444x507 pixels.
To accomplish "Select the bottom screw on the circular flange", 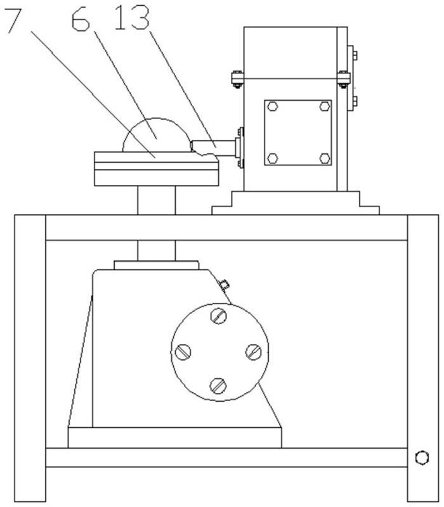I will (x=219, y=384).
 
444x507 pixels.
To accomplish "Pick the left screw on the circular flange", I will (x=183, y=350).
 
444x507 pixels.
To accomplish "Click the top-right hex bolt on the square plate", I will (x=324, y=106).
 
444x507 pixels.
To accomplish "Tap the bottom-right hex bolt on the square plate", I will (x=324, y=157).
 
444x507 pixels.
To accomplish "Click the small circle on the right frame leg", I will (x=421, y=458).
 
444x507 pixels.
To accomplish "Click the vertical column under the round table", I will (x=156, y=200).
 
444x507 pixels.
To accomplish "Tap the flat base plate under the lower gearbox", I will (x=174, y=437).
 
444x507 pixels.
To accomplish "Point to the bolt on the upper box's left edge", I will (x=237, y=79).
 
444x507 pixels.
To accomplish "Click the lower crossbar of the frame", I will (x=226, y=457).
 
